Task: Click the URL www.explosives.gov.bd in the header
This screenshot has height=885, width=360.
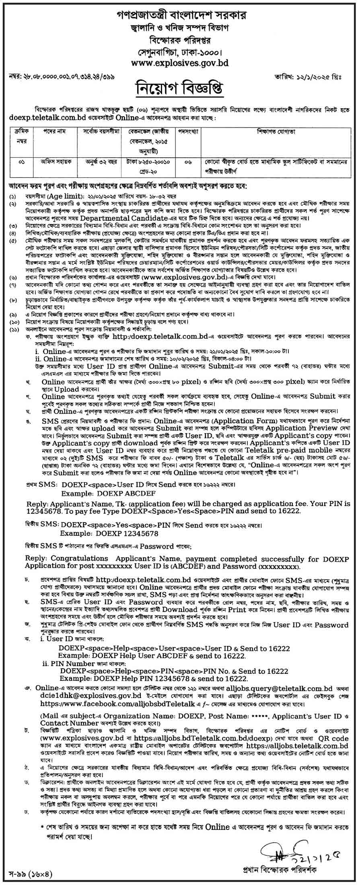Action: (x=179, y=63)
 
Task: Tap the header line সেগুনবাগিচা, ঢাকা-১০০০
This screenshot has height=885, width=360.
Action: (x=179, y=52)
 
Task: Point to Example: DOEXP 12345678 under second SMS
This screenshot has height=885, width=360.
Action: (x=109, y=533)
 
